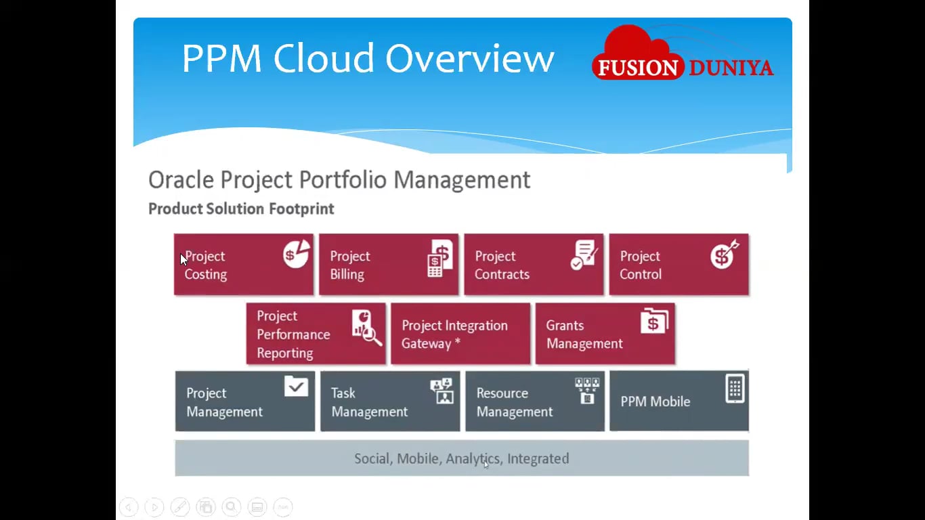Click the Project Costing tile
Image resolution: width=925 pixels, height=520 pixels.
[x=243, y=265]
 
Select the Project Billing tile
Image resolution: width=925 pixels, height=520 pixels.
[x=388, y=265]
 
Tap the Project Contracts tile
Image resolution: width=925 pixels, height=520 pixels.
[x=533, y=265]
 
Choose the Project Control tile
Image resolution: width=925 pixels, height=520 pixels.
[x=679, y=265]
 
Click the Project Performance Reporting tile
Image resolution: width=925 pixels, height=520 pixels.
[x=316, y=334]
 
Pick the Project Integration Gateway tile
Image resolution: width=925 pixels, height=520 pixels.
[x=460, y=334]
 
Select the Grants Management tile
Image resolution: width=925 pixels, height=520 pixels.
[x=605, y=334]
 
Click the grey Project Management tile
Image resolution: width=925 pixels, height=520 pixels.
[x=244, y=402]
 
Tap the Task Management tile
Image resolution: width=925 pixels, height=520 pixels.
[x=389, y=402]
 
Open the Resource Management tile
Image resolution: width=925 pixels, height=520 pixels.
[x=534, y=402]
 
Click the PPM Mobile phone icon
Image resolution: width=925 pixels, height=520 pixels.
[x=735, y=389]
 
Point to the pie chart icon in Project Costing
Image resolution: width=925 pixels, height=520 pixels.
[x=296, y=254]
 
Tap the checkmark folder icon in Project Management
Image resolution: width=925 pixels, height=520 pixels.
[x=296, y=387]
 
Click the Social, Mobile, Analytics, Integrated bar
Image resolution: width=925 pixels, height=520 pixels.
[x=461, y=458]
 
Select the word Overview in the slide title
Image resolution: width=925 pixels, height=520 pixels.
[x=470, y=58]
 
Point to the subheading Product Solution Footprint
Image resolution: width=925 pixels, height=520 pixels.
[x=241, y=209]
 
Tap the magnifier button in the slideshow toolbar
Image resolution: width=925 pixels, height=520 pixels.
[x=231, y=506]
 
